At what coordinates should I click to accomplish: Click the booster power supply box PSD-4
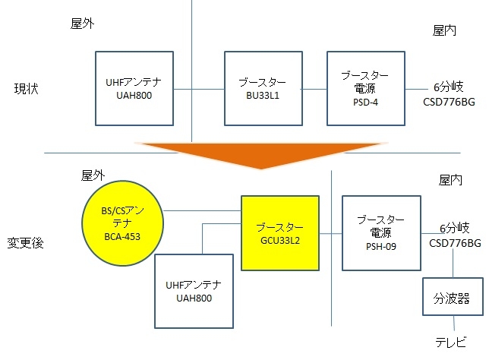coord(364,88)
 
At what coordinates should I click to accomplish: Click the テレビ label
coord(451,343)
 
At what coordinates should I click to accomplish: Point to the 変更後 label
coord(27,244)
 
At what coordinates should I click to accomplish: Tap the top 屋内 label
coord(444,30)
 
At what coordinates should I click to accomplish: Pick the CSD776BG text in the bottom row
coord(455,243)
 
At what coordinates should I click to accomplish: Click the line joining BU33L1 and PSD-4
coord(314,89)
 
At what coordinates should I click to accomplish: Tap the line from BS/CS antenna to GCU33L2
coord(203,210)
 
